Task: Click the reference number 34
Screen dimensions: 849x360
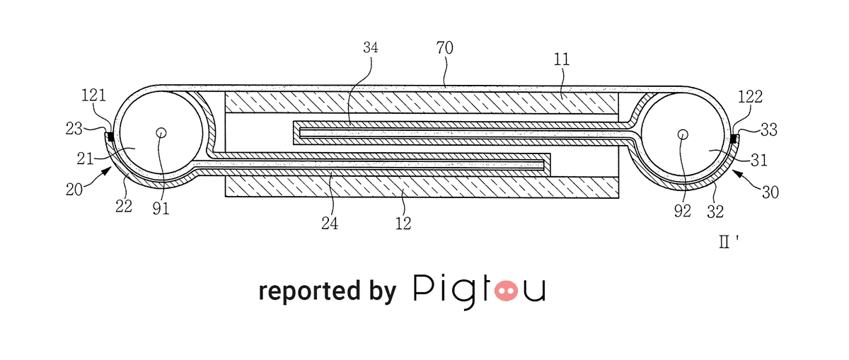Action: (x=370, y=47)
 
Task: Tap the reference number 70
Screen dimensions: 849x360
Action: (x=444, y=48)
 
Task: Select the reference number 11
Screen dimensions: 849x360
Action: (x=562, y=59)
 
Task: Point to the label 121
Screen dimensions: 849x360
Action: (x=93, y=95)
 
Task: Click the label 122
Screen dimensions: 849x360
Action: (x=750, y=97)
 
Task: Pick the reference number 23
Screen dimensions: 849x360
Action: (x=74, y=129)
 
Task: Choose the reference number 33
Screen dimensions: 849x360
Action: (x=769, y=129)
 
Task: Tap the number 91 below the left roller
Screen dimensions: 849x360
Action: (x=161, y=209)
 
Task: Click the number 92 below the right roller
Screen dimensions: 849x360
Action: (x=682, y=211)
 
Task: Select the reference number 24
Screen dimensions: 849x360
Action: (x=330, y=223)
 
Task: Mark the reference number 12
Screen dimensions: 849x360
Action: (x=403, y=223)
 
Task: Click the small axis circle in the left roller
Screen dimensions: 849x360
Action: (x=161, y=133)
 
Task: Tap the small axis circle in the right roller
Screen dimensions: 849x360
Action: (x=683, y=134)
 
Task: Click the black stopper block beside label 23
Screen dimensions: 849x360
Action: (x=111, y=137)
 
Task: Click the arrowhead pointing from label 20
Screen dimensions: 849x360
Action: (x=107, y=172)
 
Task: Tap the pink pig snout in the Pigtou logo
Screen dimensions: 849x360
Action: (x=506, y=291)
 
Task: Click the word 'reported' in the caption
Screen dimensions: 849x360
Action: (x=309, y=291)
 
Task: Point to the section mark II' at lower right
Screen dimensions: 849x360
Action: (x=729, y=241)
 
